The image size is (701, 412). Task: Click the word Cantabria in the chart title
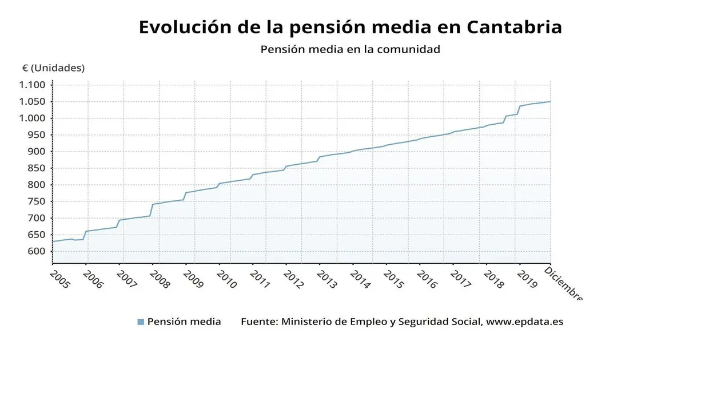[514, 27]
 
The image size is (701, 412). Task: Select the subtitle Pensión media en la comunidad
[350, 49]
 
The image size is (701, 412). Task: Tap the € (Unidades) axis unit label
[53, 68]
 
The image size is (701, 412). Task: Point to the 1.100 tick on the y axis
[32, 85]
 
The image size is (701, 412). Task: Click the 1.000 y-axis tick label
[32, 118]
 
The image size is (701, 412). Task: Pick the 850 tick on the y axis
[35, 168]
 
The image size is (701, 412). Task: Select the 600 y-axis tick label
[35, 251]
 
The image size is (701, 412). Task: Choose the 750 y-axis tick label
[35, 201]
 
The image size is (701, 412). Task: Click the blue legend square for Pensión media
[141, 322]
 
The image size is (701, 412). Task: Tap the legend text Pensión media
[184, 322]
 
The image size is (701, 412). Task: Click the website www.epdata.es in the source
[524, 322]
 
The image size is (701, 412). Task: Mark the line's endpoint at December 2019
[550, 102]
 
